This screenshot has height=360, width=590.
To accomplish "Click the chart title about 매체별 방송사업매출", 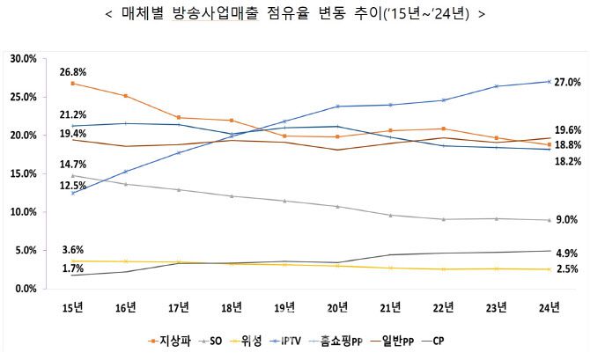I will click(294, 15).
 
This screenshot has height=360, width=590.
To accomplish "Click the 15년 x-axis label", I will click(72, 307).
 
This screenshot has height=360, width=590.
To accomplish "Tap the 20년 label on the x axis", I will click(338, 307).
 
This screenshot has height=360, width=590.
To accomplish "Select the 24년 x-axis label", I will click(550, 307).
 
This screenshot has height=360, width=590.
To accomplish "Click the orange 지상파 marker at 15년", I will click(72, 84).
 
